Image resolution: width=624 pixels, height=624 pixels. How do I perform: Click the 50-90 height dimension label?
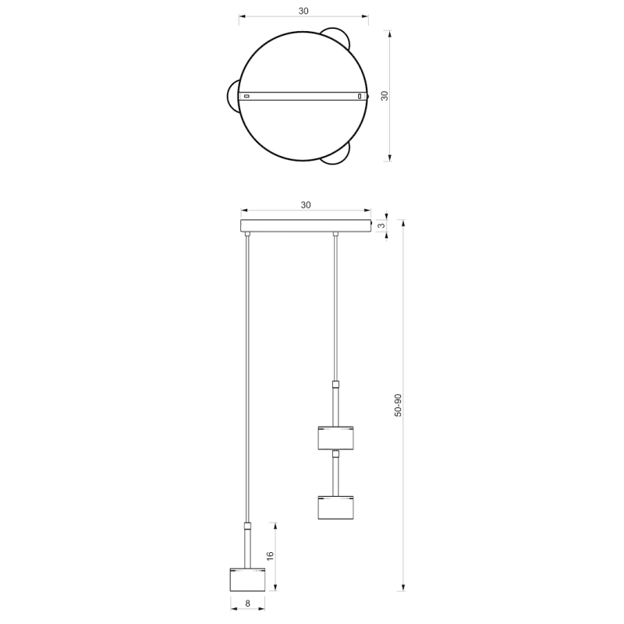pos(399,406)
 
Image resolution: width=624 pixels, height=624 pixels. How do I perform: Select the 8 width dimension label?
pos(247,603)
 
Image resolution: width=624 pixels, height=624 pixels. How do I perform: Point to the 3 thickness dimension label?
pos(381,226)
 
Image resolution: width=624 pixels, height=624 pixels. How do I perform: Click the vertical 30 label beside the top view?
pos(384,95)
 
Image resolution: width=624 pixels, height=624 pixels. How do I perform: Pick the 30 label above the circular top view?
pos(303,11)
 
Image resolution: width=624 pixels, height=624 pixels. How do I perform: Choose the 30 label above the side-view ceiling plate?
pos(306,205)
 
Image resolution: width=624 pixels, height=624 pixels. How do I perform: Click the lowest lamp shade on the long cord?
pos(247,580)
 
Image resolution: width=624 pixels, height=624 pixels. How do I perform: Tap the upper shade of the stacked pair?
pos(336,438)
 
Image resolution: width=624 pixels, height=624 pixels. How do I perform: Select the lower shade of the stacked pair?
pos(336,507)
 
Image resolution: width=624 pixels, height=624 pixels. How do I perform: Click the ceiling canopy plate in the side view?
pos(306,227)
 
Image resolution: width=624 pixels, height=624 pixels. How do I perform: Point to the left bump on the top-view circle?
pos(232,96)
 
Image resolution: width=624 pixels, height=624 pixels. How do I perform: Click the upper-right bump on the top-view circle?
pos(338,37)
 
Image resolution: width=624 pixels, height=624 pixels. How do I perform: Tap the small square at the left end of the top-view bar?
pos(247,96)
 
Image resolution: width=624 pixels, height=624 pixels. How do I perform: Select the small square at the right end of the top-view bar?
pos(360,96)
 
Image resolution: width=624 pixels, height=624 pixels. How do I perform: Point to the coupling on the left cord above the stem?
pos(247,526)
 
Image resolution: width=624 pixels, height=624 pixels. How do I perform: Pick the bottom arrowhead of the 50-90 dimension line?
pos(403,587)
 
